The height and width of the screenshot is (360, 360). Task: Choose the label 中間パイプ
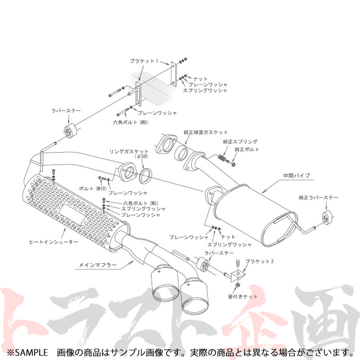pyautogui.click(x=296, y=175)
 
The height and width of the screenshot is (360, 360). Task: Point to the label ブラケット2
pyautogui.click(x=260, y=261)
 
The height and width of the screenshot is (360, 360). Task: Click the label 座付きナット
pyautogui.click(x=243, y=297)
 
